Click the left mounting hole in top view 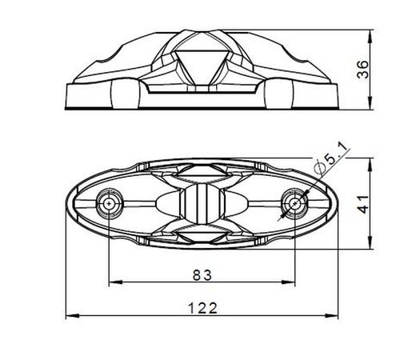(x=109, y=204)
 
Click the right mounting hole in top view (x=295, y=204)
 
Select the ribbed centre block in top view (x=202, y=206)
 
